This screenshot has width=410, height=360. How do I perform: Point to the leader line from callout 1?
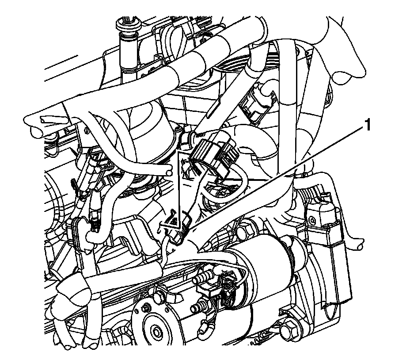pos(276,180)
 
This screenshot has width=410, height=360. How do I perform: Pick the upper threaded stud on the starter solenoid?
pos(202,278)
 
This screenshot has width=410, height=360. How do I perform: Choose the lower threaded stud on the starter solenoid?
pos(199,306)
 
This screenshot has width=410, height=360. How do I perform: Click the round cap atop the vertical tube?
pos(128,25)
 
